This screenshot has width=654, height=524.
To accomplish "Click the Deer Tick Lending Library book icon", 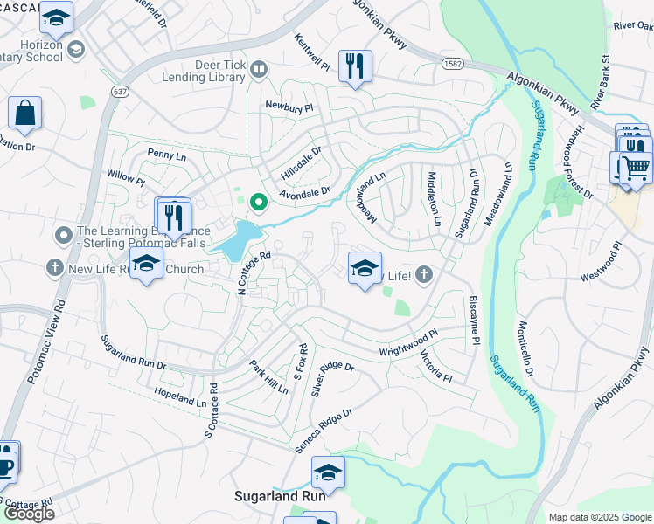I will click(258, 69).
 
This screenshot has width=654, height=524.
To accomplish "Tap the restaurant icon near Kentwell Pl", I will click(355, 66).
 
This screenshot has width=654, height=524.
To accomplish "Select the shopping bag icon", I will click(24, 114).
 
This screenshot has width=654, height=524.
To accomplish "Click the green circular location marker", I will click(258, 203).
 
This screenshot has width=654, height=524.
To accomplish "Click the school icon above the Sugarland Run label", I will click(328, 472).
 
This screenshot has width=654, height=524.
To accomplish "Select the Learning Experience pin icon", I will click(63, 236).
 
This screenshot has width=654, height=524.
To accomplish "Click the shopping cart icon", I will click(637, 165).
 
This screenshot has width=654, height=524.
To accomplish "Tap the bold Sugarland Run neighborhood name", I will click(280, 495).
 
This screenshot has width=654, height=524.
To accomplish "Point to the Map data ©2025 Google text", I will click(599, 517).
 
